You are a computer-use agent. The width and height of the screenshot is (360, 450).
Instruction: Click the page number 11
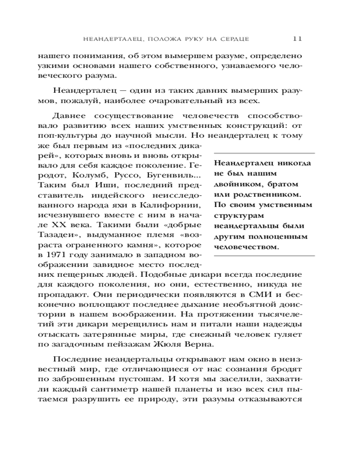297,38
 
